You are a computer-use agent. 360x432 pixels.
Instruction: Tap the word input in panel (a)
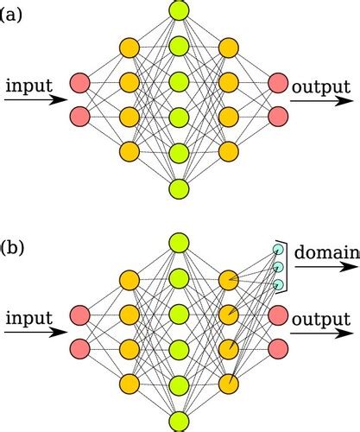[28, 86]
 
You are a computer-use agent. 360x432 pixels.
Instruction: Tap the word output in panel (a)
[321, 87]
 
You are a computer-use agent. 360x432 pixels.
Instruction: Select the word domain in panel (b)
[327, 253]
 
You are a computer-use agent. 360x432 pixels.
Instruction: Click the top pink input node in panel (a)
[79, 83]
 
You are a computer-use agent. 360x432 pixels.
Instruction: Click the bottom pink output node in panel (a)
[278, 115]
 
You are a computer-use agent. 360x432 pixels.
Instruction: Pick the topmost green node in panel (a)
[179, 11]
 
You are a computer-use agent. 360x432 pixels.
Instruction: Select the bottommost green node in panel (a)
[179, 188]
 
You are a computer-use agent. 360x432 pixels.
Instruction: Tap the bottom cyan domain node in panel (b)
[278, 285]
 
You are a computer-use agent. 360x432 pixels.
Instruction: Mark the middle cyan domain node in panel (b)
[278, 267]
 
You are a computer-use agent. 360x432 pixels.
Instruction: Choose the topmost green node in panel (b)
[179, 244]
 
